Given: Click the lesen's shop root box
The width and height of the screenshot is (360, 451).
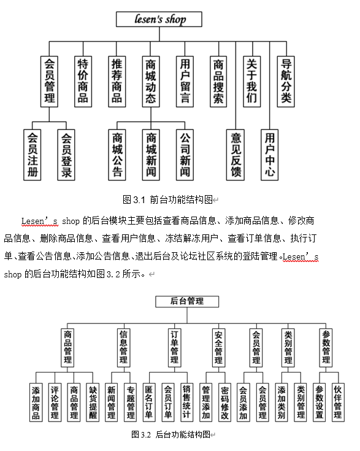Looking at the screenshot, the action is (x=159, y=19).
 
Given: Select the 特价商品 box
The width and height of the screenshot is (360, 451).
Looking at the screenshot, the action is (x=83, y=82).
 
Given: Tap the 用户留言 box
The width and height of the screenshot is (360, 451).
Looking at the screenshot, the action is (x=185, y=82).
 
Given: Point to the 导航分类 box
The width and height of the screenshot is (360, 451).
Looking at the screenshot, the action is (x=286, y=82).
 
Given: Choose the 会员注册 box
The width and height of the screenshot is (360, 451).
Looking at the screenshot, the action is (x=33, y=155).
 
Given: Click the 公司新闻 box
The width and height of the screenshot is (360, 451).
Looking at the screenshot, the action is (x=185, y=155).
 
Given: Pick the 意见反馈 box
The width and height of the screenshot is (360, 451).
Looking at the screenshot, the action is (x=236, y=155).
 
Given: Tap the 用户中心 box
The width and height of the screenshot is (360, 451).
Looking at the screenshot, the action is (x=270, y=155).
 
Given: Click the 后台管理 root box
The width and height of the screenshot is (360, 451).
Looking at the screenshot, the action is (x=187, y=301).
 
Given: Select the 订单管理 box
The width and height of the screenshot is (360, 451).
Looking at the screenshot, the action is (x=175, y=348).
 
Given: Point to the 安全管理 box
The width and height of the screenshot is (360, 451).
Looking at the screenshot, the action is (x=218, y=348).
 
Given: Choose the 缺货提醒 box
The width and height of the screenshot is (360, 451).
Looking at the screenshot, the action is (x=93, y=403).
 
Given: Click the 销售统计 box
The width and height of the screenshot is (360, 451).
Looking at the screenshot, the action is (x=187, y=403).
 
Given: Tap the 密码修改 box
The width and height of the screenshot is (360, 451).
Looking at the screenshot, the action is (x=225, y=403).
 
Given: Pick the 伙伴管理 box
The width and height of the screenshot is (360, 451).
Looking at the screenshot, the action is (x=338, y=403).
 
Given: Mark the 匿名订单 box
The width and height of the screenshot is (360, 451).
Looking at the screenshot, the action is (x=149, y=403).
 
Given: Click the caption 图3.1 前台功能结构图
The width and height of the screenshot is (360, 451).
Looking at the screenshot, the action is (x=167, y=199).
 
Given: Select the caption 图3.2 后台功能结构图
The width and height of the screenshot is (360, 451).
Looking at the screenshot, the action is (x=170, y=434).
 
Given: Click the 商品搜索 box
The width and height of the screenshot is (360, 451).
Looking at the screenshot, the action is (x=218, y=82).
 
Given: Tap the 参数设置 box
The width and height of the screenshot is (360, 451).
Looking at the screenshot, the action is (x=319, y=403).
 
